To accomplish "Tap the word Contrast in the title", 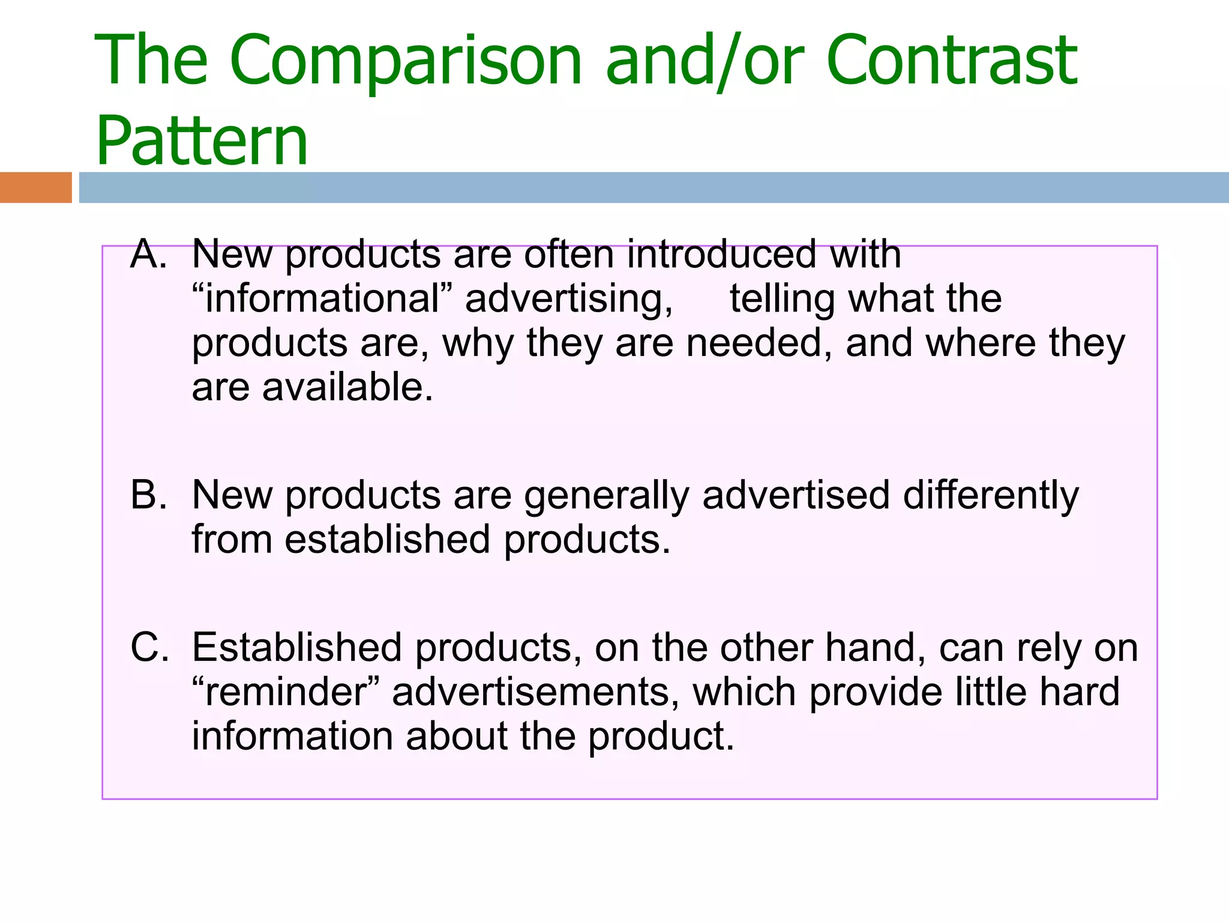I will pyautogui.click(x=952, y=60).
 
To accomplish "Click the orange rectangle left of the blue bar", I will pyautogui.click(x=35, y=187).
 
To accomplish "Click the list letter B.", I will pyautogui.click(x=148, y=495).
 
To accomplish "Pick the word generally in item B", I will pyautogui.click(x=606, y=496).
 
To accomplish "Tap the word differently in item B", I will pyautogui.click(x=991, y=496).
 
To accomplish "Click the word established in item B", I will pyautogui.click(x=388, y=540).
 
